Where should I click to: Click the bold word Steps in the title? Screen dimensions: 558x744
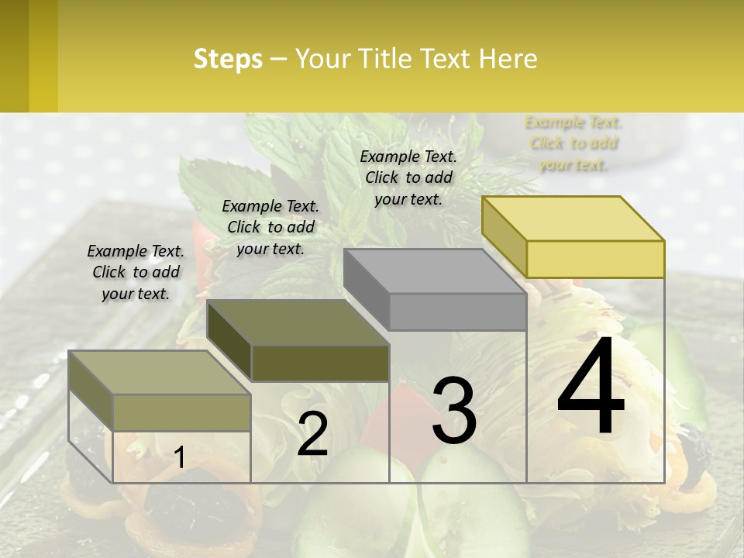(228, 59)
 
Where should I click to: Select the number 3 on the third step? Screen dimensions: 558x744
(454, 412)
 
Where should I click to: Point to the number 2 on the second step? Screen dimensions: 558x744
(312, 433)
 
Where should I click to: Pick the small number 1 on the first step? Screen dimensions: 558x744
(180, 458)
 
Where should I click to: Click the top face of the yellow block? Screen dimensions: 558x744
(573, 219)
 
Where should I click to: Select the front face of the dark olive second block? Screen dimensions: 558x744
(320, 363)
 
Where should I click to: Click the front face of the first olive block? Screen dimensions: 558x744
(181, 412)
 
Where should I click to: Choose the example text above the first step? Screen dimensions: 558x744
(136, 273)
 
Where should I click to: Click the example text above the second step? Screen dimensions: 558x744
(270, 228)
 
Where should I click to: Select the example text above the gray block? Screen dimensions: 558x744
(408, 177)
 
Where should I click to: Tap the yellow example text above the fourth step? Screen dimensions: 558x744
(573, 143)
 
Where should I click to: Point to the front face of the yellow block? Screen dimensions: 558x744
(595, 259)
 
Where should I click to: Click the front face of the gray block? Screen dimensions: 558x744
(457, 312)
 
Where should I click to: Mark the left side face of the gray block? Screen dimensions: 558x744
(366, 288)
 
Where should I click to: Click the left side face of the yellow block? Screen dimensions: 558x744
(504, 236)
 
